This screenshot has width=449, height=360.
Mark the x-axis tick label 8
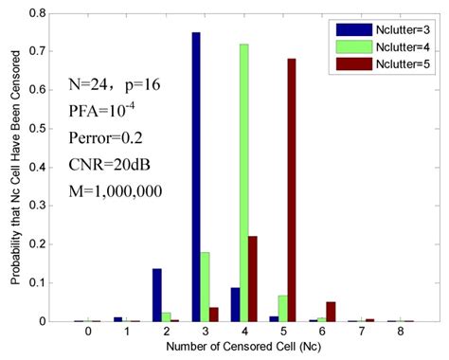pos(401,333)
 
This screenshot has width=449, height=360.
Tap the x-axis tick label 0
pos(88,333)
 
